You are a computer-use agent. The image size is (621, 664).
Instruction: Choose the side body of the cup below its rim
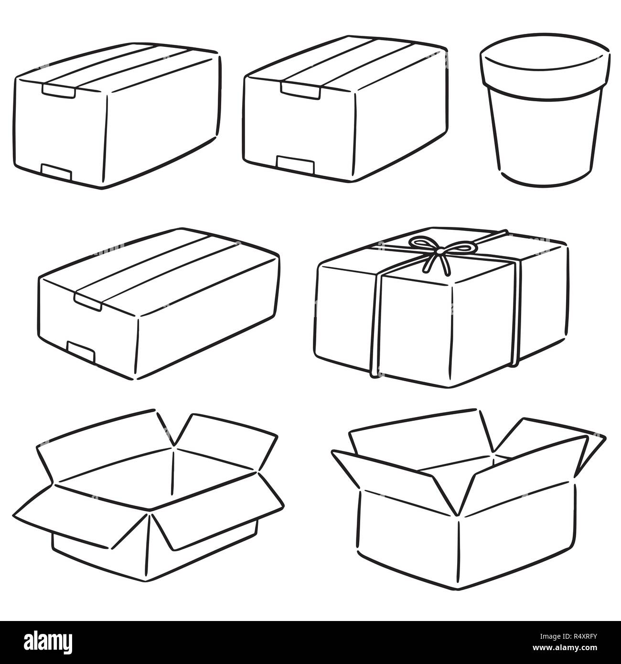545,139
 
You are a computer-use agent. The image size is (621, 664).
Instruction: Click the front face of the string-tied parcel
416,330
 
